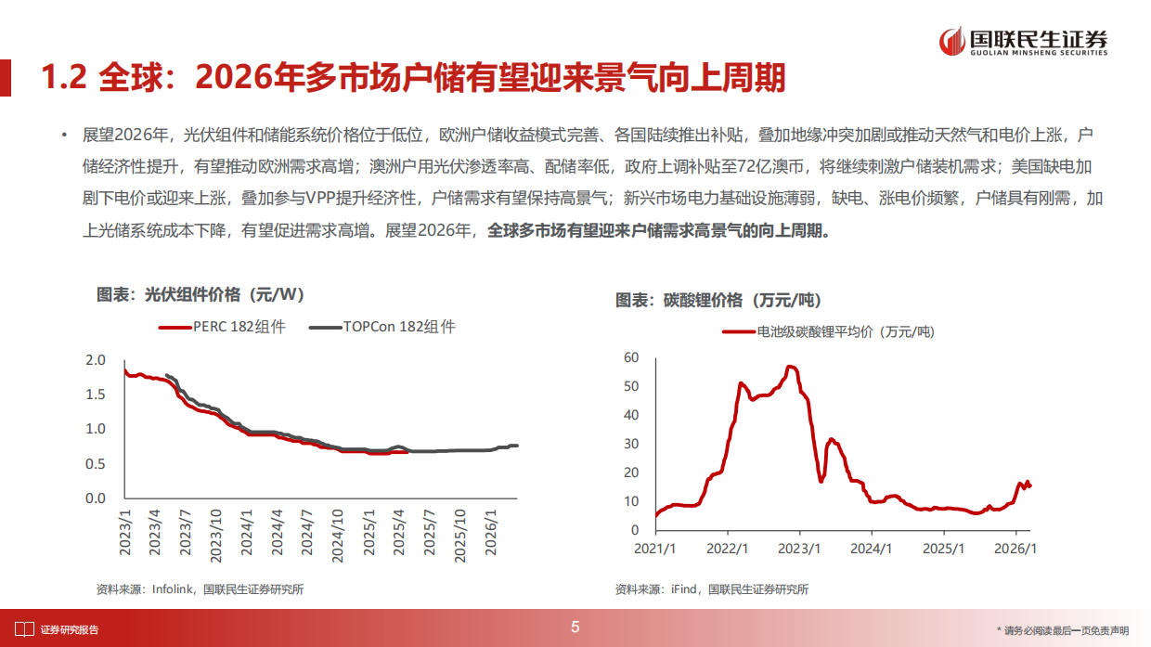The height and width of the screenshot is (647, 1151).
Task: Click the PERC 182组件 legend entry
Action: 223,327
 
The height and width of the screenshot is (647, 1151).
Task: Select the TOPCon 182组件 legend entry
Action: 382,327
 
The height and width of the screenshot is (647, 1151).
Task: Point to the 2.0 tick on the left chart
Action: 97,360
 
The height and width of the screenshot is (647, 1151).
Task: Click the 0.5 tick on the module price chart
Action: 97,463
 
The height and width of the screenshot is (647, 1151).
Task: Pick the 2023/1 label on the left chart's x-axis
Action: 127,532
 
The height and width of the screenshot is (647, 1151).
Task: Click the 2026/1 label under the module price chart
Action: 491,532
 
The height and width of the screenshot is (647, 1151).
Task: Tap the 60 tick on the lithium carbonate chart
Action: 631,357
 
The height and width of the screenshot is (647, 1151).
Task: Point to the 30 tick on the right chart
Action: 631,444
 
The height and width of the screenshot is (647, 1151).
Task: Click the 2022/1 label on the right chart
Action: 729,548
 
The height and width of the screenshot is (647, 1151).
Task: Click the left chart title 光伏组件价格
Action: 200,295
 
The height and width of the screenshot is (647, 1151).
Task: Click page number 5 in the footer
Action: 575,628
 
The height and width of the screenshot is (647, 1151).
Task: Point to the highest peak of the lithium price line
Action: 791,367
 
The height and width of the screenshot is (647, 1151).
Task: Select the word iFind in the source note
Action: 685,589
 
